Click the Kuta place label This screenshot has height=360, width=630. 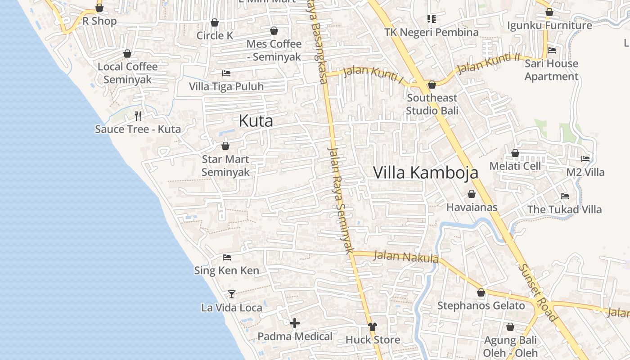point(256,121)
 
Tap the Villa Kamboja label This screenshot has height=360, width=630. point(426,173)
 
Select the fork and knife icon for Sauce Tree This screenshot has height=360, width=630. point(138,116)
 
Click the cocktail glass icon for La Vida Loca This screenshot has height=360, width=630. point(232,294)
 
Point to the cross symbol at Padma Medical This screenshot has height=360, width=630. point(295,323)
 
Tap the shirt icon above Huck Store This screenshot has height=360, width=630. point(372,326)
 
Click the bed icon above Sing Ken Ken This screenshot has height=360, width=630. point(227,257)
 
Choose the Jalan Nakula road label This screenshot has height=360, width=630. point(406,257)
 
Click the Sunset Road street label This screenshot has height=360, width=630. point(538,292)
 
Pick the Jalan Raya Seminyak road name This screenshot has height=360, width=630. point(342,200)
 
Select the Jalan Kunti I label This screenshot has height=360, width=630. point(373,75)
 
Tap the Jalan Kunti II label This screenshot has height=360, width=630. point(488,64)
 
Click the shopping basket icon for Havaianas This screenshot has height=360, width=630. point(472,194)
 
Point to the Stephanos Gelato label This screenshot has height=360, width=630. point(481,306)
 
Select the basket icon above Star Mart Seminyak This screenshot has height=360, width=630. point(225,146)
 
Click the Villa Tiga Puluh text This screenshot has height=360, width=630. point(226,86)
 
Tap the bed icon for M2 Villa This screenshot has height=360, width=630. point(585,159)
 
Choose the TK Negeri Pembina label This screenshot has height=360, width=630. point(431,32)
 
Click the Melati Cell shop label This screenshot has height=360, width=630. point(515,166)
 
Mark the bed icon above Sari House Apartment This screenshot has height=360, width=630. point(552,50)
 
